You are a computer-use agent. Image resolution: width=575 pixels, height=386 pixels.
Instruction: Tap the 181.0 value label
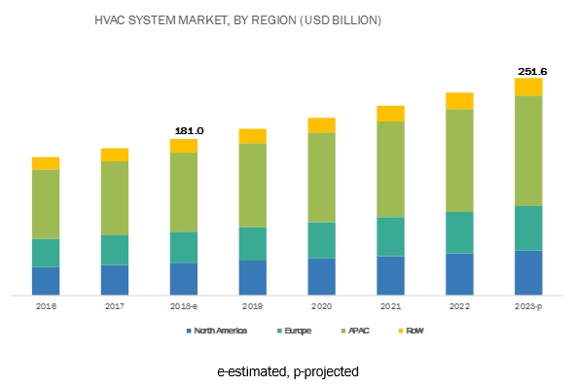[x=184, y=130]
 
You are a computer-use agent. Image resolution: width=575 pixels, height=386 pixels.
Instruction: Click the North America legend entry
[x=220, y=332]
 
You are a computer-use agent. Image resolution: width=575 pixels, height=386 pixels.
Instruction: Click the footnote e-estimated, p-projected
[x=288, y=371]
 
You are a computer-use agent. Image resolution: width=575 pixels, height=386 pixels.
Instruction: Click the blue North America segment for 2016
[x=46, y=280]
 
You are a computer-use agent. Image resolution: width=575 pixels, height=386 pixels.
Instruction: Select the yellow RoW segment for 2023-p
[x=528, y=87]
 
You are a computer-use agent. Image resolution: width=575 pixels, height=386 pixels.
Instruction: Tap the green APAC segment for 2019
[x=253, y=185]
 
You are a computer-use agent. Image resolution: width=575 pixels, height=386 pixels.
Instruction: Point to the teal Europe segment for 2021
[x=390, y=236]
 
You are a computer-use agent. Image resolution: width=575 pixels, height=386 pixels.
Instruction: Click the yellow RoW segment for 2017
[x=115, y=155]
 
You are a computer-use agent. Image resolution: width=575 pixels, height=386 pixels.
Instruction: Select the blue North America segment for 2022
[x=459, y=273]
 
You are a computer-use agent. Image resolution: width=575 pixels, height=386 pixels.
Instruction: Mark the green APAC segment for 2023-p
[x=528, y=151]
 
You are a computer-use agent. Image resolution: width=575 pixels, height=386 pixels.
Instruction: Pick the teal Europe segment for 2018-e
[x=184, y=247]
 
